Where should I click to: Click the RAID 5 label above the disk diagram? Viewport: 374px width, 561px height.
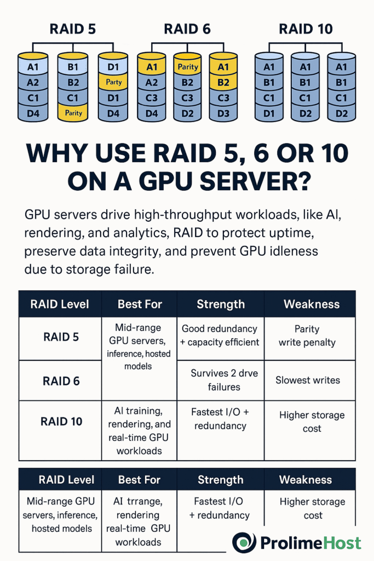pyautogui.click(x=73, y=28)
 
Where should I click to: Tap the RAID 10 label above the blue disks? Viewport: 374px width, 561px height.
pyautogui.click(x=305, y=28)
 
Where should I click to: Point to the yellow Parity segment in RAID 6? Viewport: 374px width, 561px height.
pyautogui.click(x=188, y=67)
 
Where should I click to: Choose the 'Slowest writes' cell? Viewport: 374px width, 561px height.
pyautogui.click(x=308, y=380)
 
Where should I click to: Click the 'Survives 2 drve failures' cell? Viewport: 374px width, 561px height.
pyautogui.click(x=224, y=380)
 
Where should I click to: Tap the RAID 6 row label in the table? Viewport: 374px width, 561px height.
pyautogui.click(x=61, y=381)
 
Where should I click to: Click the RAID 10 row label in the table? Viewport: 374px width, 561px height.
pyautogui.click(x=61, y=421)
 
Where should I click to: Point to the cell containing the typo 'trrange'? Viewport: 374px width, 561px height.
pyautogui.click(x=139, y=522)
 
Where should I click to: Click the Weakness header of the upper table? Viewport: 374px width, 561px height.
pyautogui.click(x=311, y=304)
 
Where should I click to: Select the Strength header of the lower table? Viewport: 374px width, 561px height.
pyautogui.click(x=221, y=480)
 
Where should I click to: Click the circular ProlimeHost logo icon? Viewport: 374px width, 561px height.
pyautogui.click(x=244, y=543)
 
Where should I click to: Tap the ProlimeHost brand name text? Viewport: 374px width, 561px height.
pyautogui.click(x=310, y=543)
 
